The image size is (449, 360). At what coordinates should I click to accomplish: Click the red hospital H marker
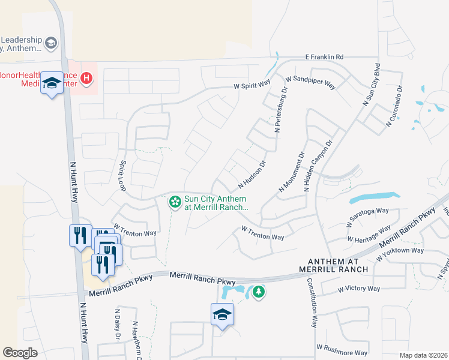pyautogui.click(x=87, y=77)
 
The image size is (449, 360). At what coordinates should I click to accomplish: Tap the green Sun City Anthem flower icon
pyautogui.click(x=175, y=202)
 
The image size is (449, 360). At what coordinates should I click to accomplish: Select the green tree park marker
pyautogui.click(x=259, y=292)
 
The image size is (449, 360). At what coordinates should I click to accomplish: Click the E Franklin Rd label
pyautogui.click(x=324, y=57)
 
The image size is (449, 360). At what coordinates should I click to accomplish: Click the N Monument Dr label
pyautogui.click(x=292, y=172)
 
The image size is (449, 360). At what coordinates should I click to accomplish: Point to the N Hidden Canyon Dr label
pyautogui.click(x=318, y=166)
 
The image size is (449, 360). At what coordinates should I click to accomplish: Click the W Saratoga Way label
pyautogui.click(x=367, y=218)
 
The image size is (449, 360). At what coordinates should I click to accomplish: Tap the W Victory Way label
pyautogui.click(x=358, y=289)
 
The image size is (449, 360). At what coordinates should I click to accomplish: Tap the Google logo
pyautogui.click(x=20, y=353)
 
